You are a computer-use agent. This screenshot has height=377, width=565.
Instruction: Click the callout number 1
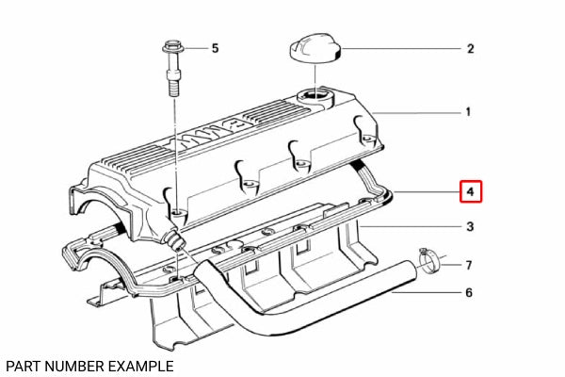pyautogui.click(x=468, y=112)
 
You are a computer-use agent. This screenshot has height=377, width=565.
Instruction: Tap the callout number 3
pyautogui.click(x=469, y=227)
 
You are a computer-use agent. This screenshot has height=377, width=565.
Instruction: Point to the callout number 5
pyautogui.click(x=214, y=47)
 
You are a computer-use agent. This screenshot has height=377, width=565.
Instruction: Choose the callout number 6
pyautogui.click(x=469, y=293)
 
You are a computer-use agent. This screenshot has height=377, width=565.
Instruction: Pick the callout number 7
pyautogui.click(x=469, y=265)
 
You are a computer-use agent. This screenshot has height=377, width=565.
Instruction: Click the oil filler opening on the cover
pyautogui.click(x=313, y=95)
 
